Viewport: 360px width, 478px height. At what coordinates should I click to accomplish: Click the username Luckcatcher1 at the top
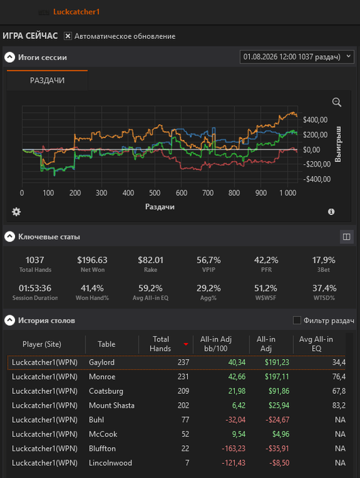77,12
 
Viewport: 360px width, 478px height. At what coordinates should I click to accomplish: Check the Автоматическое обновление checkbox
68,36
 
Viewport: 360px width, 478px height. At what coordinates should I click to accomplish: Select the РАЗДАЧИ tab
47,80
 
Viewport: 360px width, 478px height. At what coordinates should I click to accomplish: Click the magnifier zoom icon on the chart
337,102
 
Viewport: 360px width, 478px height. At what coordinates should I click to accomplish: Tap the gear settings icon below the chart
16,212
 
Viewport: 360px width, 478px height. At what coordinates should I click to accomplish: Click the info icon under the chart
331,212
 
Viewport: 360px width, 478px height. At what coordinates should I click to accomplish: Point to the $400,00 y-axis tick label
315,119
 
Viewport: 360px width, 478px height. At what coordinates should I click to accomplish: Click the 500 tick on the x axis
154,193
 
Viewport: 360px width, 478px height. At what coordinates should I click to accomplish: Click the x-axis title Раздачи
160,207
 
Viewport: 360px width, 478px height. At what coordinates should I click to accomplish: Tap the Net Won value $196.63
92,260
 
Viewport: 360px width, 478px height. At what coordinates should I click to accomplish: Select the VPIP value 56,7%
208,260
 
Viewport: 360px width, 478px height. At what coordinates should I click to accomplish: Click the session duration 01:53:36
35,288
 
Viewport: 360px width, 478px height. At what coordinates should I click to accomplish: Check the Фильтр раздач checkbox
297,320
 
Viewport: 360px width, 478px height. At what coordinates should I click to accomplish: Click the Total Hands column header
161,344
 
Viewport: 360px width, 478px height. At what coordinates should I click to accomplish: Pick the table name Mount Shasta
111,406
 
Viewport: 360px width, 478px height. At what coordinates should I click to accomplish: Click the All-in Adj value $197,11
277,377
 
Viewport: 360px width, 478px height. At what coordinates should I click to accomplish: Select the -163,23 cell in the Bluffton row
234,449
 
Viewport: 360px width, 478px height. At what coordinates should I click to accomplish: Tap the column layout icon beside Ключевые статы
346,237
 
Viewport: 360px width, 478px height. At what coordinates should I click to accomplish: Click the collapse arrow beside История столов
10,320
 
